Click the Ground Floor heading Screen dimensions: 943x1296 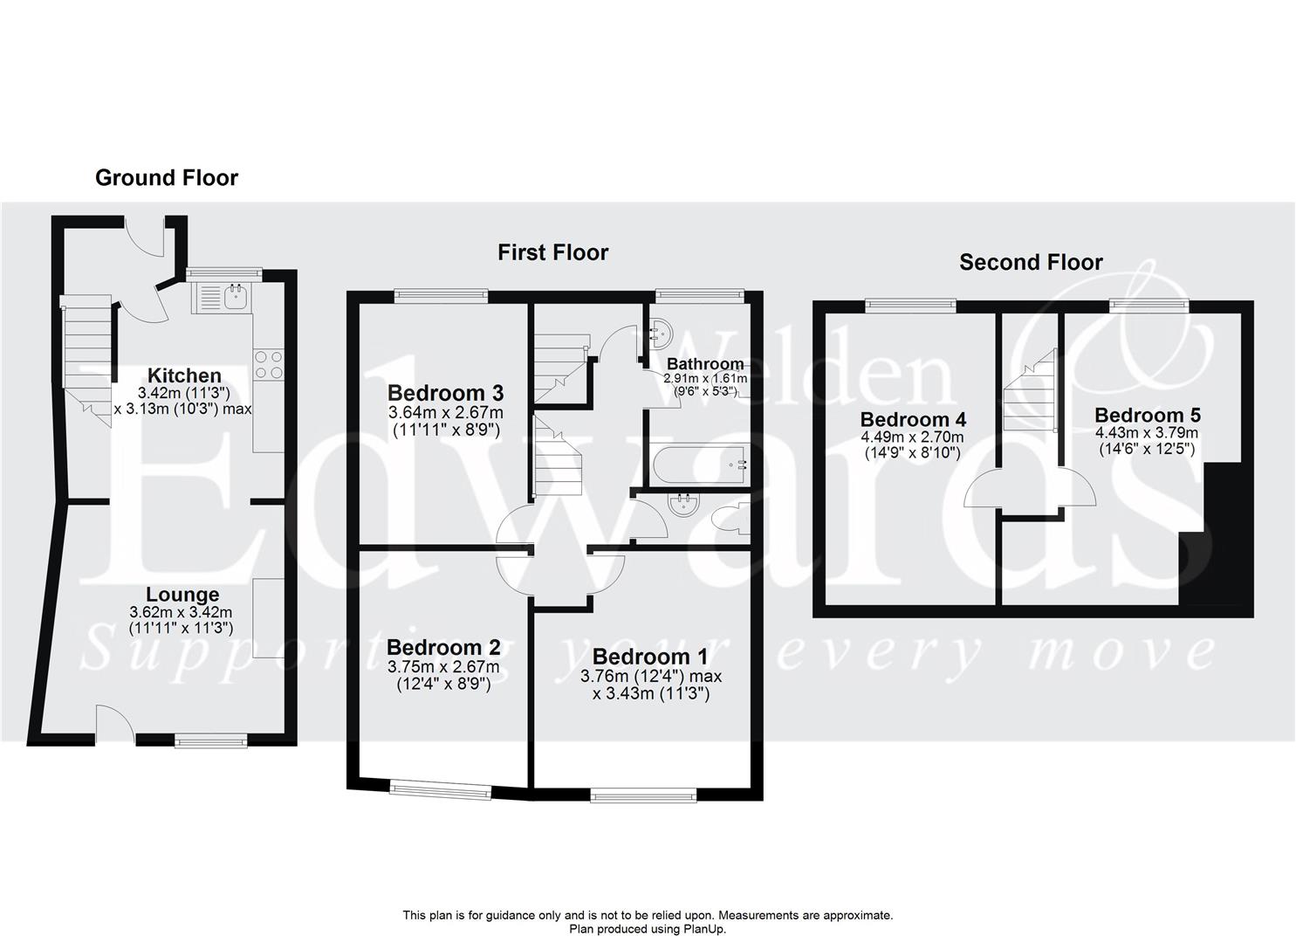tap(166, 178)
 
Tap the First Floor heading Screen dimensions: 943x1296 tap(552, 253)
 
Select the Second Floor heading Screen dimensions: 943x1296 tap(1031, 262)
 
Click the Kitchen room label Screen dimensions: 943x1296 tap(183, 375)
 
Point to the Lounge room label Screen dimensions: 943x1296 tap(182, 595)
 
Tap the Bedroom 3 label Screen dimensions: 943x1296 tap(445, 392)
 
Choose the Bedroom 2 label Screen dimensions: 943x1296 tap(443, 647)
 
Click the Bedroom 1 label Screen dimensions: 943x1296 tap(650, 656)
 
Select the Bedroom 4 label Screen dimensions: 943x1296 tap(912, 419)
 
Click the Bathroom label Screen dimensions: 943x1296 tap(705, 363)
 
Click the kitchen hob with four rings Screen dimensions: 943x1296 tap(268, 364)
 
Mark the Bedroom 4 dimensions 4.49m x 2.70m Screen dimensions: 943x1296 tap(912, 437)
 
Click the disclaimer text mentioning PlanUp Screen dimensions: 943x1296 tap(648, 929)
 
